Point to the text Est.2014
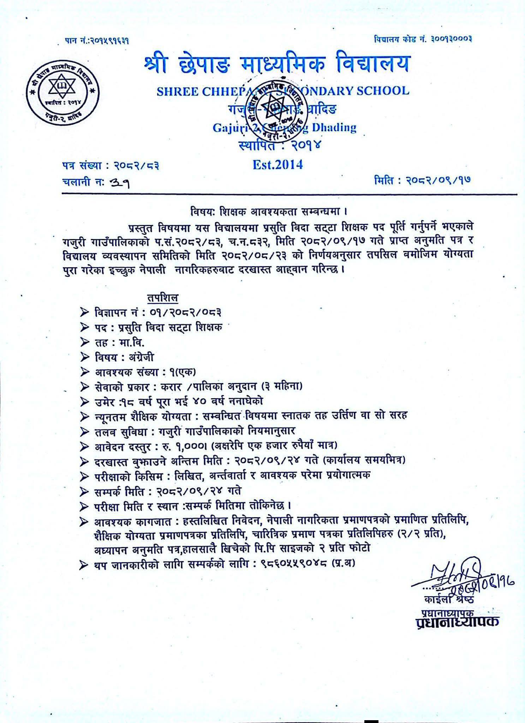[278, 164]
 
